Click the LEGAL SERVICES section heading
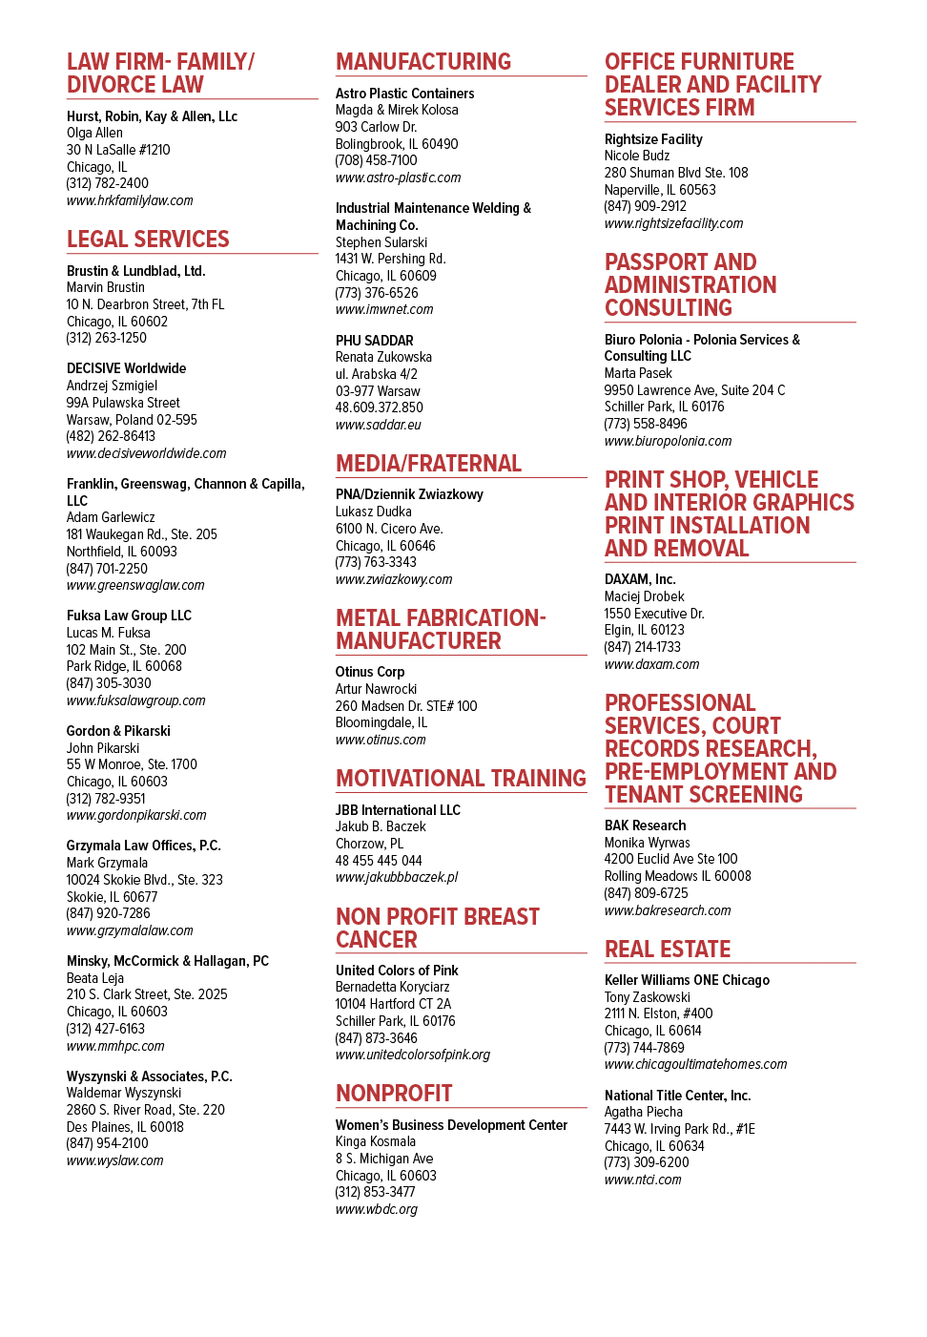click(148, 240)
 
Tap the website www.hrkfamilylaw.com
click(130, 200)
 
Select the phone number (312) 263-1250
click(107, 338)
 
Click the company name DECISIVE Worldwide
click(127, 368)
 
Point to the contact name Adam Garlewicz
click(111, 517)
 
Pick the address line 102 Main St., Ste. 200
click(127, 649)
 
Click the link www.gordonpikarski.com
click(136, 815)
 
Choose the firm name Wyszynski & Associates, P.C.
click(150, 1076)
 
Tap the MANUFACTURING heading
click(423, 61)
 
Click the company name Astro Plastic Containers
click(405, 94)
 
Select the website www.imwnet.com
click(384, 309)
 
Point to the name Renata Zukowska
click(383, 357)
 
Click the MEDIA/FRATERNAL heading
click(428, 463)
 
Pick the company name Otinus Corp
click(370, 672)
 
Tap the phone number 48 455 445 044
click(379, 861)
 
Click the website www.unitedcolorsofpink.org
click(413, 1055)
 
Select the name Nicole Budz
click(637, 156)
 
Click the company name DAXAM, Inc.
click(640, 579)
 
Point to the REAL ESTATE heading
click(668, 949)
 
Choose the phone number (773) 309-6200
click(647, 1162)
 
